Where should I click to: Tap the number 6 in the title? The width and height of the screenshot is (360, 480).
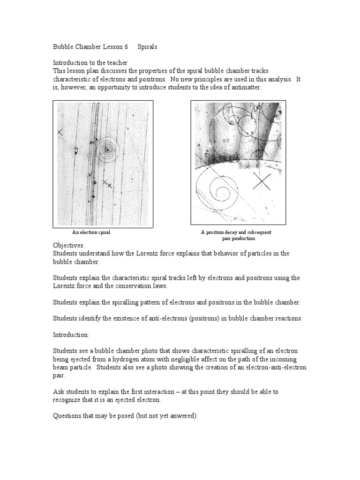[x=126, y=47]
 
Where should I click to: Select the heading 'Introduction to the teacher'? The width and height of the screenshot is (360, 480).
[x=90, y=62]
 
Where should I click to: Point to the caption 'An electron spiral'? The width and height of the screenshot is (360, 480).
[x=91, y=232]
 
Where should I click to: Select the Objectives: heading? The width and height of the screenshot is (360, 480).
[x=68, y=245]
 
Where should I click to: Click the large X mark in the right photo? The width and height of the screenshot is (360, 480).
[x=261, y=180]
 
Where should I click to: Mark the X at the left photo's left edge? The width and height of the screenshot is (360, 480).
[x=60, y=133]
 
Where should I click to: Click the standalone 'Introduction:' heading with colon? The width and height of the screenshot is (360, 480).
[x=72, y=335]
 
